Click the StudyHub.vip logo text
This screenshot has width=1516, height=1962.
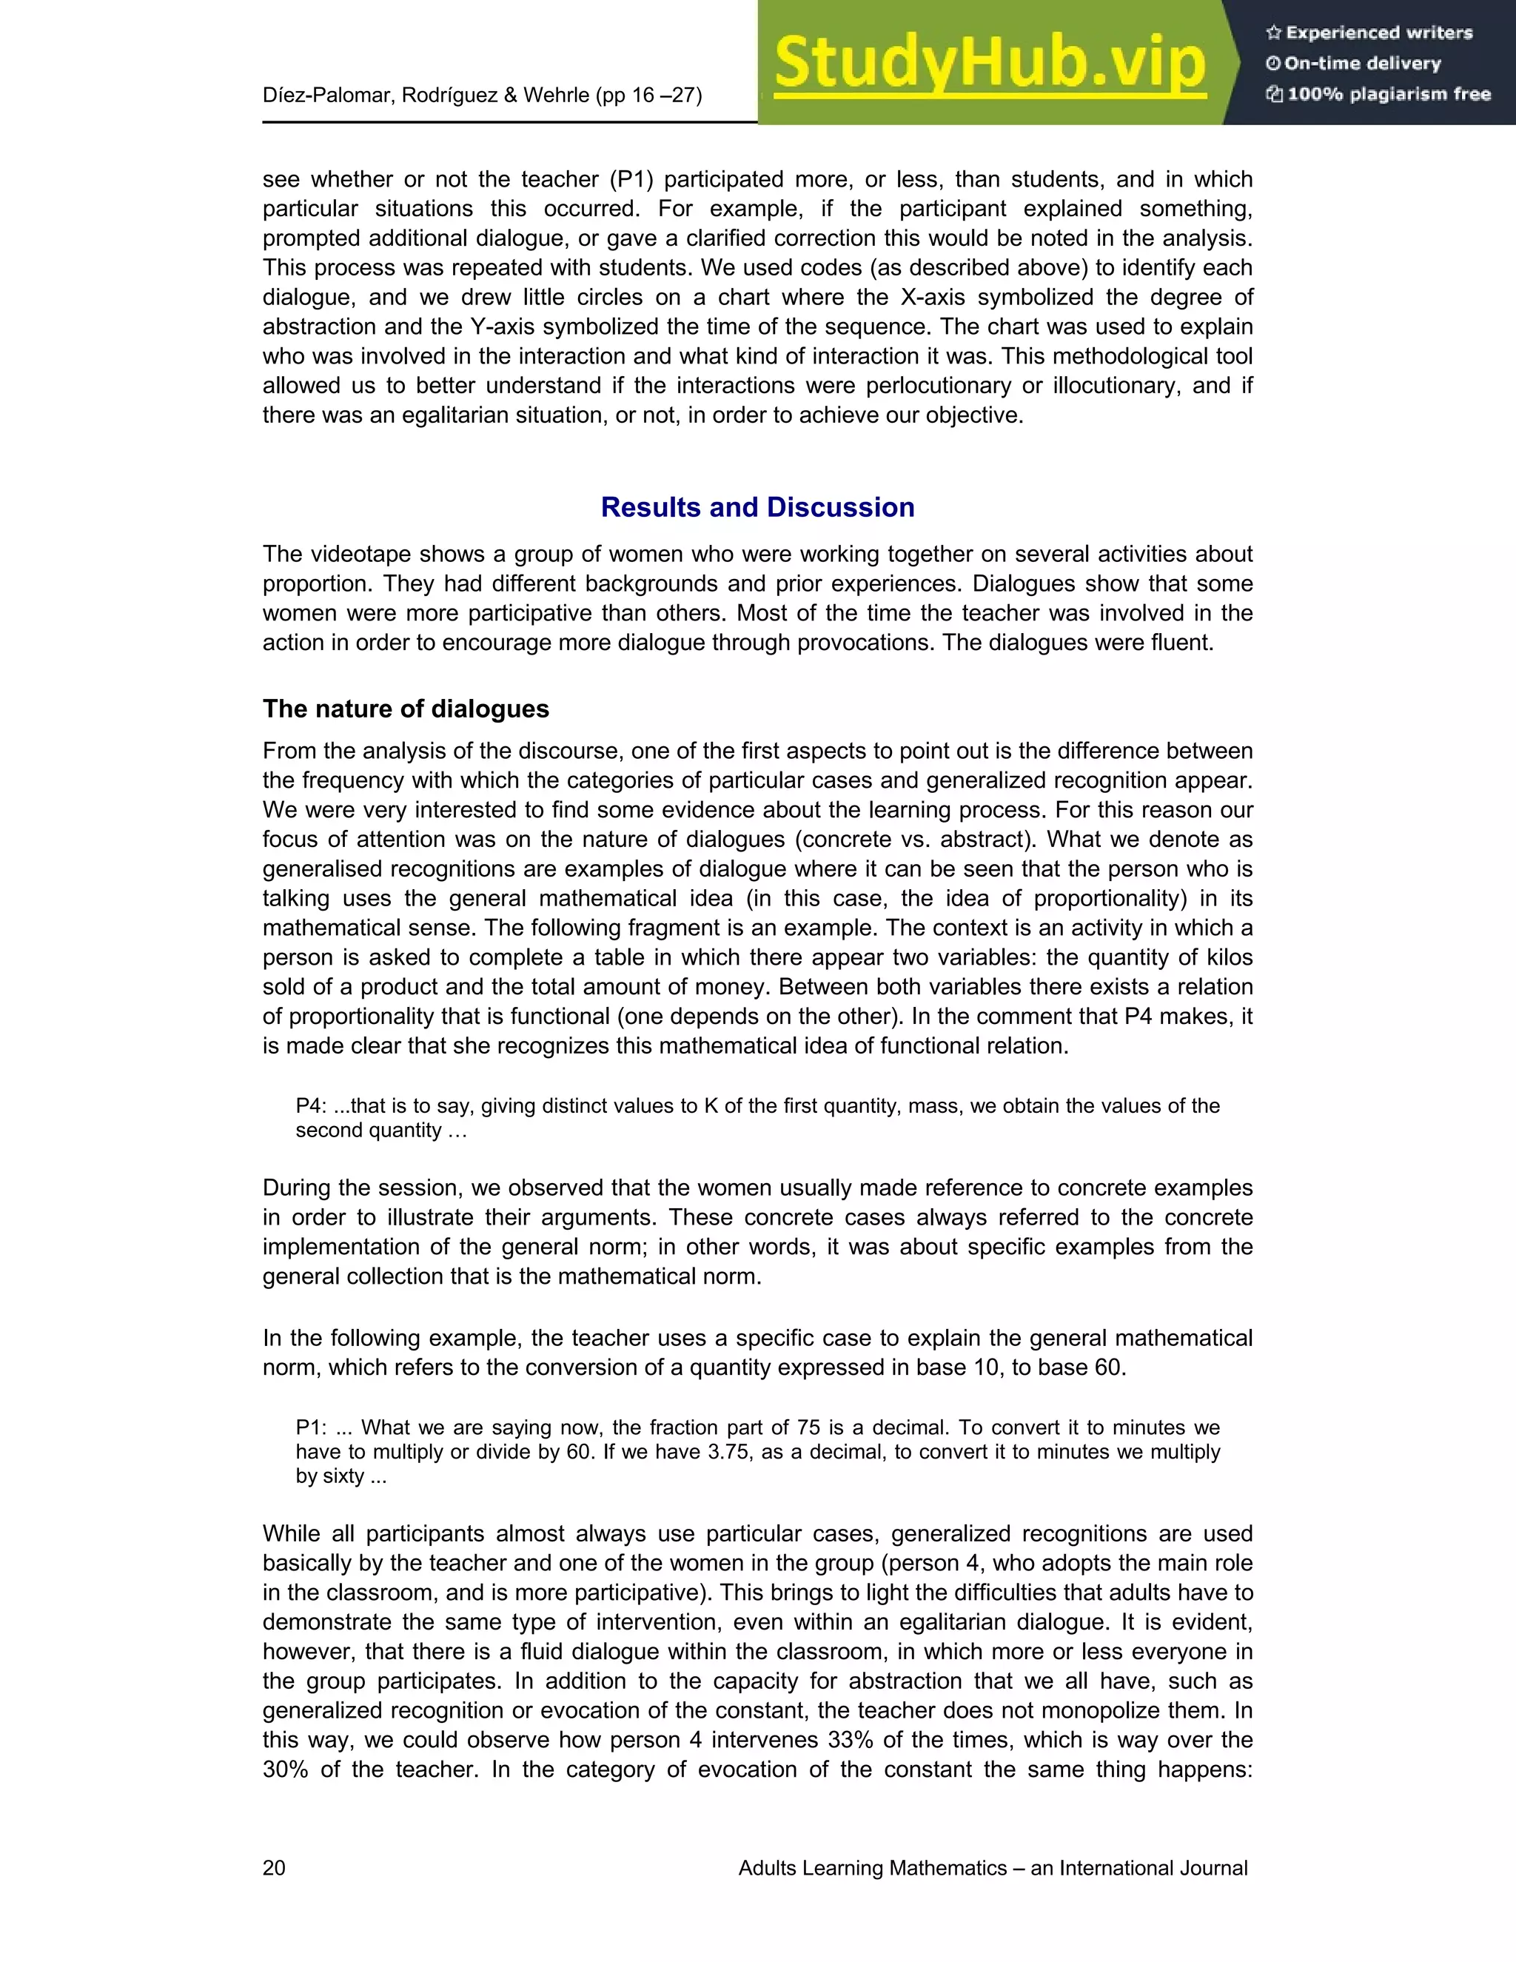click(989, 63)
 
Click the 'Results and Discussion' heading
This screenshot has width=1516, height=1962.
click(757, 508)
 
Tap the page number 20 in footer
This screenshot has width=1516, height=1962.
click(274, 1869)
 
